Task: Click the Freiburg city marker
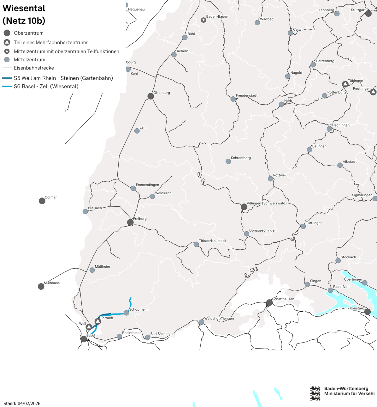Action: pyautogui.click(x=130, y=222)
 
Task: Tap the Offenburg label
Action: pyautogui.click(x=162, y=93)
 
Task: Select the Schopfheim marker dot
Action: pyautogui.click(x=127, y=313)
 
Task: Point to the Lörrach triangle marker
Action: pyautogui.click(x=98, y=321)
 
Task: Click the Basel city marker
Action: pyautogui.click(x=84, y=339)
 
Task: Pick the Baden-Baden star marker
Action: pyautogui.click(x=203, y=20)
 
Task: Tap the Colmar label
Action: pyautogui.click(x=50, y=197)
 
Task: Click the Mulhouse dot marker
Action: pyautogui.click(x=41, y=286)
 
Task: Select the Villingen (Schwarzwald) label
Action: pyautogui.click(x=267, y=203)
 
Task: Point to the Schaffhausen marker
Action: pyautogui.click(x=269, y=303)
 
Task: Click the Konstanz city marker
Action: pyautogui.click(x=368, y=312)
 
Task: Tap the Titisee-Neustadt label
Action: pyautogui.click(x=212, y=240)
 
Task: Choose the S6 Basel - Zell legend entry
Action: pyautogui.click(x=46, y=86)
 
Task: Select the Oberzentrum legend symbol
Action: pyautogui.click(x=7, y=33)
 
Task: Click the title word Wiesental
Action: pyautogui.click(x=24, y=8)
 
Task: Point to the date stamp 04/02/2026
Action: pyautogui.click(x=29, y=403)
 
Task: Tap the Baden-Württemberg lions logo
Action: pyautogui.click(x=315, y=393)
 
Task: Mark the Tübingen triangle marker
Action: pyautogui.click(x=345, y=84)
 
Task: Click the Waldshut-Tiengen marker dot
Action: pyautogui.click(x=202, y=322)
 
